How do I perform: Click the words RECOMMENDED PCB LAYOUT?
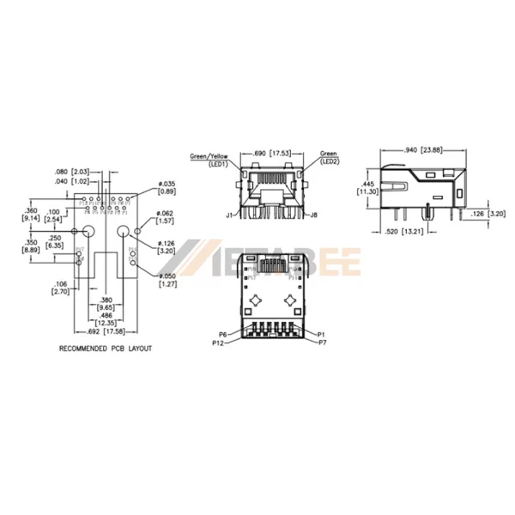click(x=105, y=349)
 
